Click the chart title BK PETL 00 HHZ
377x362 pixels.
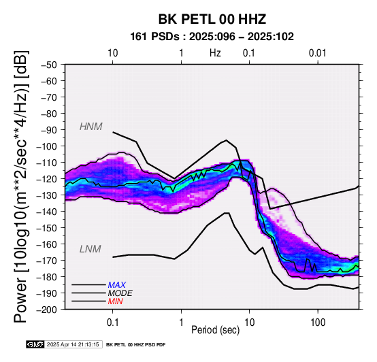click(212, 19)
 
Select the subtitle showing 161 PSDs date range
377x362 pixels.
click(212, 37)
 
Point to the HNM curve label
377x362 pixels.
click(91, 127)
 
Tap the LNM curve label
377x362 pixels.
click(90, 249)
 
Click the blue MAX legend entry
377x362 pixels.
click(116, 285)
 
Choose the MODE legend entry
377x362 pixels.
click(120, 293)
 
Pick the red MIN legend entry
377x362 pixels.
click(115, 301)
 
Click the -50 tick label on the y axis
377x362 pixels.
click(49, 65)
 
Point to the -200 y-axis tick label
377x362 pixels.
click(47, 310)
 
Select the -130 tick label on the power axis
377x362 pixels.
click(47, 195)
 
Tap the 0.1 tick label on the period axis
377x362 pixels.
click(112, 322)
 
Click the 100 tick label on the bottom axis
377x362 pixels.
click(318, 322)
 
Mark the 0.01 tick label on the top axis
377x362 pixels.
click(318, 53)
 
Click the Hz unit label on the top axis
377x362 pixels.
click(215, 53)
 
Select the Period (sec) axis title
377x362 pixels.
click(216, 330)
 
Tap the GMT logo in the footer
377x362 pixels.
click(35, 344)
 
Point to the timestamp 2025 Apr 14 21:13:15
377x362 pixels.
click(73, 344)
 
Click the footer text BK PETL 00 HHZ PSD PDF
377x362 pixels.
click(136, 345)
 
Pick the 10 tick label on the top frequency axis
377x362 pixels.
click(112, 53)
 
